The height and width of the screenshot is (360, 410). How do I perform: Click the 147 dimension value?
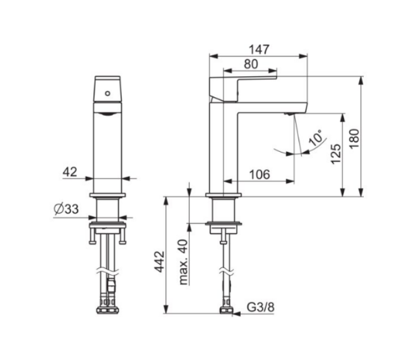259,49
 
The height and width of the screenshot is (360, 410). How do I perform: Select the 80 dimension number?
251,64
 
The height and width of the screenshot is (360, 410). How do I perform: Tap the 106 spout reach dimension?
259,175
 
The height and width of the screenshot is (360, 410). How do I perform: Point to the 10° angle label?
316,138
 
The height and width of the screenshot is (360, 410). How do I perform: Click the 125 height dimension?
336,154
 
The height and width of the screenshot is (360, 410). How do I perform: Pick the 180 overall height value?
355,139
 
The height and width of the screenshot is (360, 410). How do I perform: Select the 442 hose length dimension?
160,262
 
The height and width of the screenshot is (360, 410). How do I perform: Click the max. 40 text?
184,262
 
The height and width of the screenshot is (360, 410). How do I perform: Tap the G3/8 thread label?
261,307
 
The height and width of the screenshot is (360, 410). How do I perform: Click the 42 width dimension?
70,172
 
